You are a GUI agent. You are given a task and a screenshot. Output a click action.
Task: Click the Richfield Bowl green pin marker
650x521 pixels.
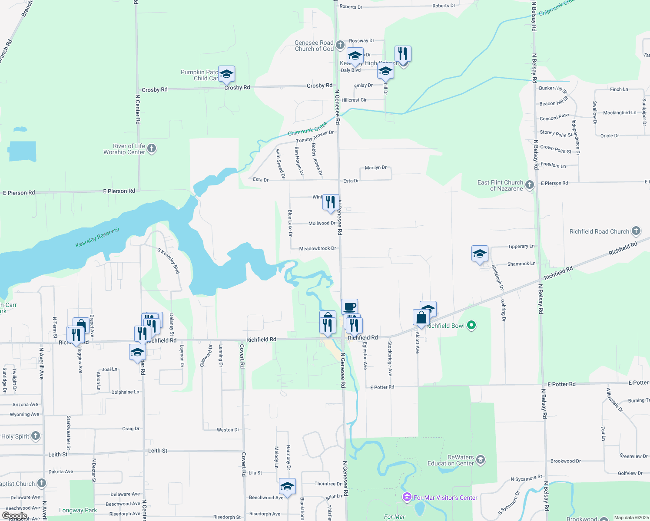coord(472,325)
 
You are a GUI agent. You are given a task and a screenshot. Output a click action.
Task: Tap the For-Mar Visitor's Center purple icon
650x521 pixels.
coord(407,497)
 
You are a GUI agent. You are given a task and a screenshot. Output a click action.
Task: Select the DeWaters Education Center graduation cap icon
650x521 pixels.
coord(480,460)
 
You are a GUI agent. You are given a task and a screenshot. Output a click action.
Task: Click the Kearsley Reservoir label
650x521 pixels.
coord(97,237)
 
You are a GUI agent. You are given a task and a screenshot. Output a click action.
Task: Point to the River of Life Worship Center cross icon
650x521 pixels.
coord(152,148)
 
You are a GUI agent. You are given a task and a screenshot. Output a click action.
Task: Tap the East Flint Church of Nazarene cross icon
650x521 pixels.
coord(529,185)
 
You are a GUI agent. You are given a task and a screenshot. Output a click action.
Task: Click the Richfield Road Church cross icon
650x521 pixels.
coord(636,231)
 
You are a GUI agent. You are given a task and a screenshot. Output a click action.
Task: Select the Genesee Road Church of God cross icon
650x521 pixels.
coord(340,45)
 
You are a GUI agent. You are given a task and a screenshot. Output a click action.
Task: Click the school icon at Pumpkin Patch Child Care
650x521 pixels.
coord(226,75)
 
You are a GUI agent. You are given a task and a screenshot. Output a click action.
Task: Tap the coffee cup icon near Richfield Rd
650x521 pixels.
coord(349,307)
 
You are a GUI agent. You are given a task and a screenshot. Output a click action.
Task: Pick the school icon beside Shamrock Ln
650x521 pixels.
coord(480,254)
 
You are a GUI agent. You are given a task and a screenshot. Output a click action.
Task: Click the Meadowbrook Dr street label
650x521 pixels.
coord(318,249)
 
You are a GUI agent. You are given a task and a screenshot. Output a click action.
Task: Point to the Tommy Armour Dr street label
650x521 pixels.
coord(315,136)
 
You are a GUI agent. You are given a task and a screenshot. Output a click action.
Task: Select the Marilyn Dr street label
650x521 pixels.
coord(375,168)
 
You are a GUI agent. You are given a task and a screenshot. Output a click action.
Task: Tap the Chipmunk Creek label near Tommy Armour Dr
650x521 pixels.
coord(308,129)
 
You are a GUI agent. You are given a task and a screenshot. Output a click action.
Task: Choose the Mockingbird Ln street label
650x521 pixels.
coord(619,113)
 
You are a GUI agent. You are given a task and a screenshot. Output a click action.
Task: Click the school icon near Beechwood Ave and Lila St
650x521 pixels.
coord(287,486)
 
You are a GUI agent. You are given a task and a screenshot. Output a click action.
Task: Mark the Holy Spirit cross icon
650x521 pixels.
coord(36,436)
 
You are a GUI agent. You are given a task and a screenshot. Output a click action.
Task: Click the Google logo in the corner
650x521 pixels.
coord(14,516)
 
